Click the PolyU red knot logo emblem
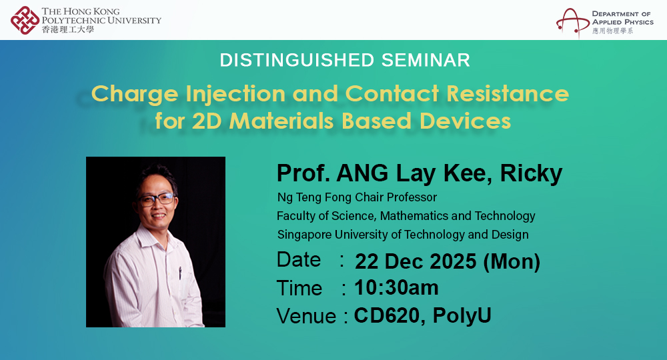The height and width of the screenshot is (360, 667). [x=25, y=19]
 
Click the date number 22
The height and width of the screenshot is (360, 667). [x=368, y=261]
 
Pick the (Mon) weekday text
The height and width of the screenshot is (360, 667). [x=512, y=261]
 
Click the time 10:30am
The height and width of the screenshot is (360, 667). [x=396, y=288]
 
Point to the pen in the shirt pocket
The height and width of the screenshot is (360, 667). [x=179, y=273]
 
